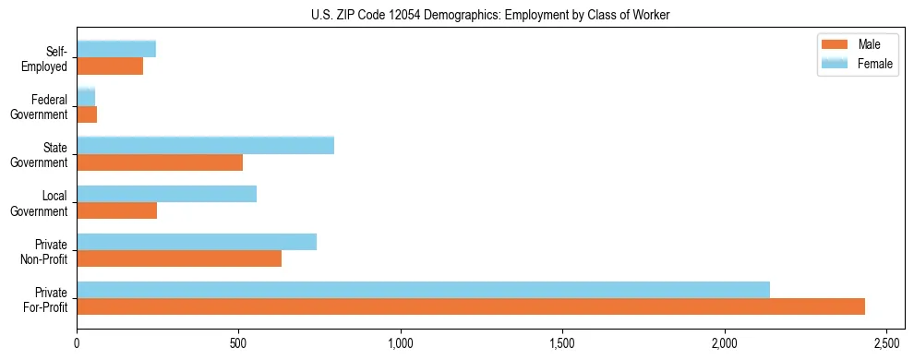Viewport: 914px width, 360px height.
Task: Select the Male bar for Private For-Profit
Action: (471, 306)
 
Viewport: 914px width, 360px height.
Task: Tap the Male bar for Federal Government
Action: (87, 114)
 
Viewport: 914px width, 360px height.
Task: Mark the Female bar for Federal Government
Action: (86, 98)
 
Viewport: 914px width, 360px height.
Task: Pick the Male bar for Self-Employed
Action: (110, 66)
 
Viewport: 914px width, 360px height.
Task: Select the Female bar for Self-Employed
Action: (116, 50)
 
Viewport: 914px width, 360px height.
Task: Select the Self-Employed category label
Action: (49, 58)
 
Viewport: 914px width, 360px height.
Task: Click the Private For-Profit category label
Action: (47, 299)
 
